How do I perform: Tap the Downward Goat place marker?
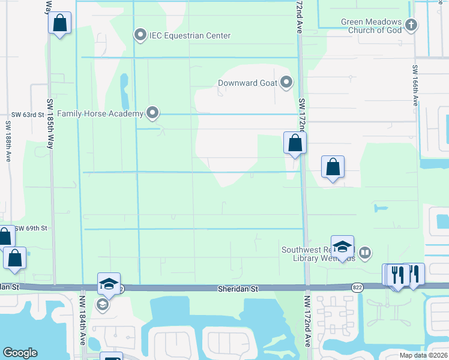coord(286,82)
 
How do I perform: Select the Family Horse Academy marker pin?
coord(153,112)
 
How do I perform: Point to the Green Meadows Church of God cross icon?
coord(411,25)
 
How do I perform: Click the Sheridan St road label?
coord(238,289)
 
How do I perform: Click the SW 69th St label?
coord(31,229)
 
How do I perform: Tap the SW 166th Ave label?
coord(415,86)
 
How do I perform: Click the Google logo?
coord(20,353)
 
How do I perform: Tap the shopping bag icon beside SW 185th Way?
coord(60,24)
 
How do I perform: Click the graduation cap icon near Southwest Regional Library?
coord(342,246)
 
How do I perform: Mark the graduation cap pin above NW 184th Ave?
coord(109,283)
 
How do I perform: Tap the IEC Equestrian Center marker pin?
coord(140,35)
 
